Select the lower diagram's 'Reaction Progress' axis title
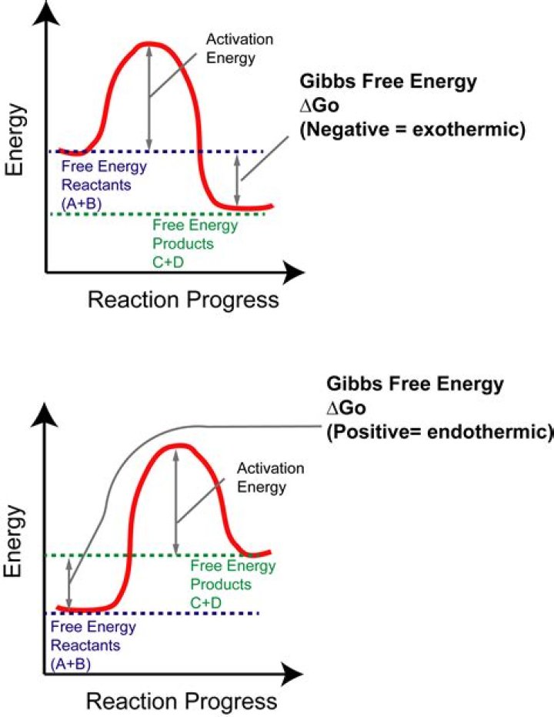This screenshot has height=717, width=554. (181, 702)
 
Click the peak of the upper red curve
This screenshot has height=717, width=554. (152, 44)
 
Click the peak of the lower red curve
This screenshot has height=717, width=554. (179, 446)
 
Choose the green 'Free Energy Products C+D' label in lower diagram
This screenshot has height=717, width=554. (232, 584)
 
